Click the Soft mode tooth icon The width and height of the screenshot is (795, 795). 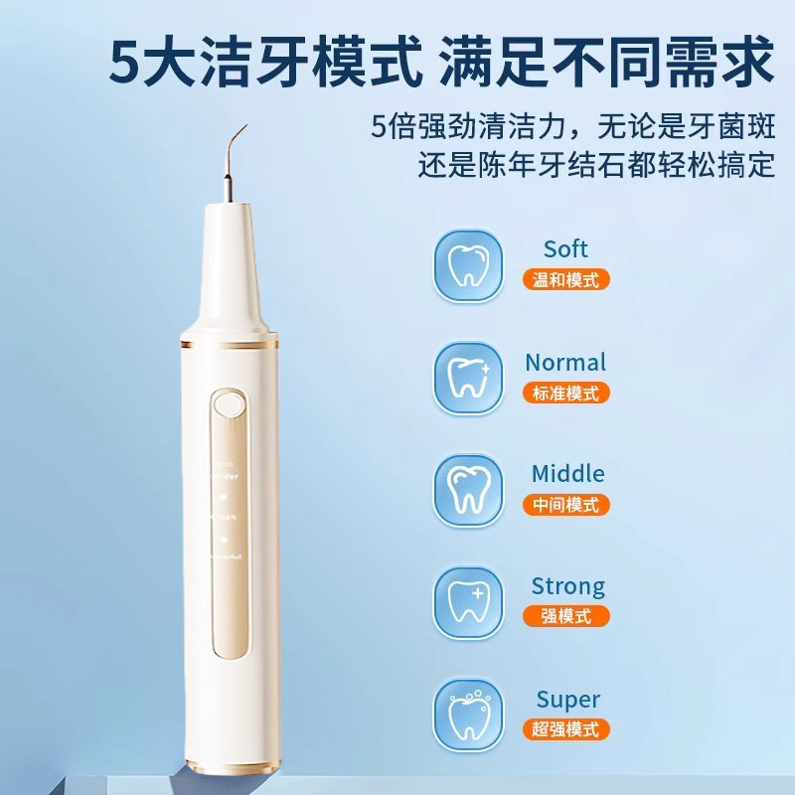coord(467,263)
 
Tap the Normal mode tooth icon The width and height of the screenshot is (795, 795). coord(467,377)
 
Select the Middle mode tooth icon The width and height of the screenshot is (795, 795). coord(467,490)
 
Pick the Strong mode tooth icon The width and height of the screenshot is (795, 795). coord(467,602)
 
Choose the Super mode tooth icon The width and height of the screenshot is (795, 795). coord(467,715)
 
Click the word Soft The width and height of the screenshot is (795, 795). coord(565,249)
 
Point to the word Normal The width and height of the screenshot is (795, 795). coord(565,363)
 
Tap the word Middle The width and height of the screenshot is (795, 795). coord(566,474)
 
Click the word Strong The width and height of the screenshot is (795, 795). coord(567,587)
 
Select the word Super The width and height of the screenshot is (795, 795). coord(567,701)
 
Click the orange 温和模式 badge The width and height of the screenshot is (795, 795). coord(565,279)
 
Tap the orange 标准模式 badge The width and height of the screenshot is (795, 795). coord(565,393)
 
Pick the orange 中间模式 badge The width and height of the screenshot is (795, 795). coord(565,505)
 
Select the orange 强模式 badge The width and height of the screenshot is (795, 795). coord(565,617)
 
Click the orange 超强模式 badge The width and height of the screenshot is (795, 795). coord(565,730)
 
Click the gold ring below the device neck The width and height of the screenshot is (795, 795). coord(228,345)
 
